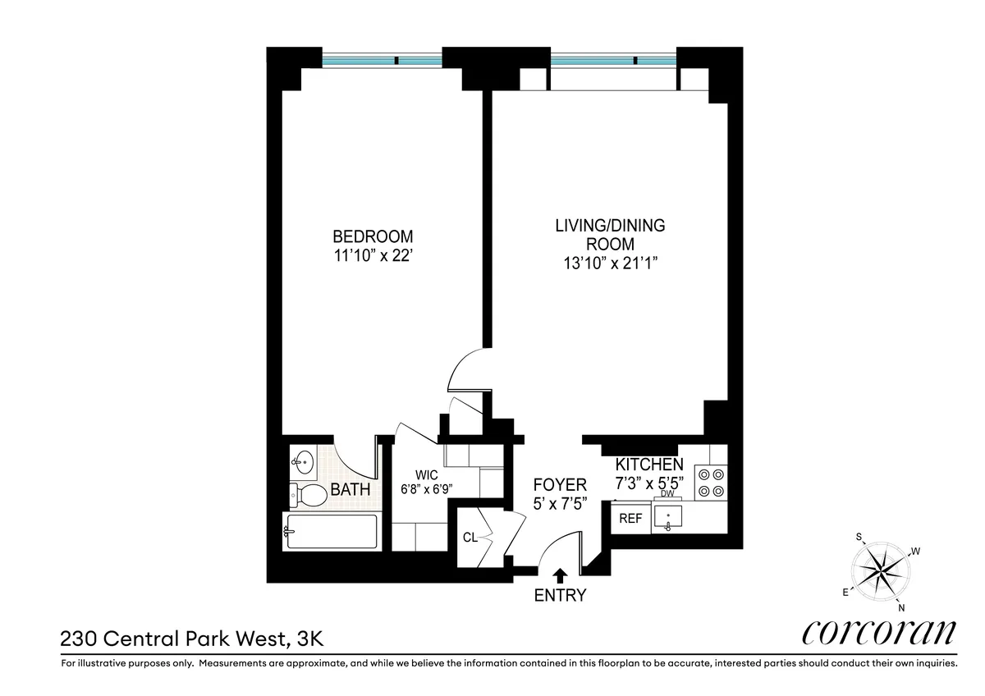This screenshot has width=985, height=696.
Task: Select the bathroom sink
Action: click(x=303, y=462)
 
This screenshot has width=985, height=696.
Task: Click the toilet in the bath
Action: click(x=308, y=494)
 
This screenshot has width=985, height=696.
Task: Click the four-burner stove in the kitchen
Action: click(x=710, y=482)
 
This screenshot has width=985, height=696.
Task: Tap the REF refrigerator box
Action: click(x=630, y=519)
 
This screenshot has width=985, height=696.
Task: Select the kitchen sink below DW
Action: click(x=672, y=518)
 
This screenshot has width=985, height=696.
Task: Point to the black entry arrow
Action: click(x=560, y=575)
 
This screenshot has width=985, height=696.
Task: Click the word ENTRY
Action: click(x=560, y=596)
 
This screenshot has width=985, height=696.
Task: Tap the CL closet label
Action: click(x=470, y=538)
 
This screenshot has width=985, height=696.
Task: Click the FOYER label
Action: click(x=560, y=484)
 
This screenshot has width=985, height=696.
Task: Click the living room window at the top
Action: click(x=612, y=60)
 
